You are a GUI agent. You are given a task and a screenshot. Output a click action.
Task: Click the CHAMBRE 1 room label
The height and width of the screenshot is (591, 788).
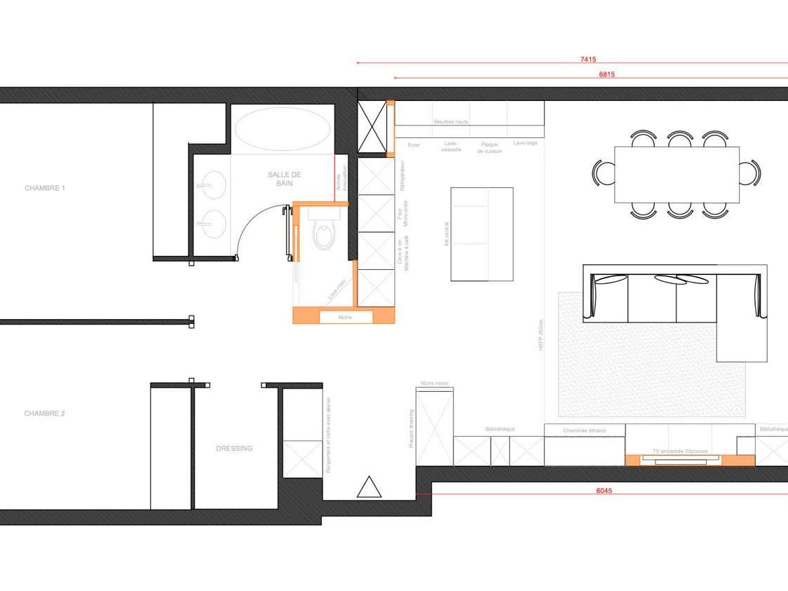45,188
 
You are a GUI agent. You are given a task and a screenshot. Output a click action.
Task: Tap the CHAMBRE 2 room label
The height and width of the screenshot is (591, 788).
45,414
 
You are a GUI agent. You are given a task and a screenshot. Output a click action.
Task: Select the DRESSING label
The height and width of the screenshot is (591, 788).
234,449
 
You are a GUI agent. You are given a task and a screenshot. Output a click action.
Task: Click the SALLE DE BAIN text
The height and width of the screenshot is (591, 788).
279,178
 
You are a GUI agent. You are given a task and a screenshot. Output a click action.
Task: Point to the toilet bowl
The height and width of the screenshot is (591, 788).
324,234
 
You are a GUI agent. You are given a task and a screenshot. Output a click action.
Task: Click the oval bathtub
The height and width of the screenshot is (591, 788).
282,128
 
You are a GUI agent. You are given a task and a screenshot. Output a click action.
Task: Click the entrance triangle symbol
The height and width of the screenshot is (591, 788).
369,487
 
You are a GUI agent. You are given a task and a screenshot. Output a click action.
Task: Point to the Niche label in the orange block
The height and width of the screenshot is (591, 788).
345,318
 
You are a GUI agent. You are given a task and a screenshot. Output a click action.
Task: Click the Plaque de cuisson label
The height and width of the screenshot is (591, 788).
489,148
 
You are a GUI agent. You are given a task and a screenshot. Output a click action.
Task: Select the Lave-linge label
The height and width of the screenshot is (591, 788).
525,144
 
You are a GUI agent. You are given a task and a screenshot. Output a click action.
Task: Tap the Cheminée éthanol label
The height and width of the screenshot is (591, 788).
584,430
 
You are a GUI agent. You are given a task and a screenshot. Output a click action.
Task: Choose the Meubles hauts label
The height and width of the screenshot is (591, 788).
451,122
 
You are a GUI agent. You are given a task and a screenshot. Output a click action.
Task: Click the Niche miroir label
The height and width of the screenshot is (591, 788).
434,383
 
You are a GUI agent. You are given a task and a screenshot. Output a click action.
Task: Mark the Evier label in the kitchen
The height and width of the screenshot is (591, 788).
414,145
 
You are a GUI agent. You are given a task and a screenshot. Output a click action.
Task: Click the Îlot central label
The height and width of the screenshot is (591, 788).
446,234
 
